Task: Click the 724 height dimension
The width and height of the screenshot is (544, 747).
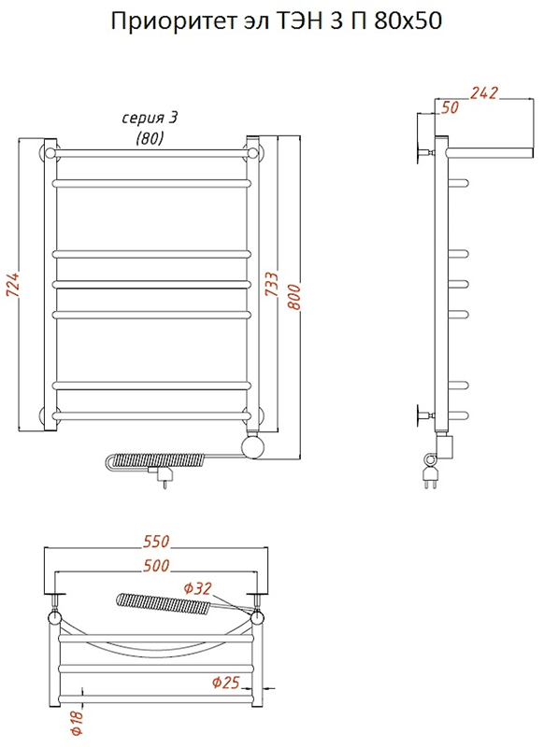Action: coord(14,285)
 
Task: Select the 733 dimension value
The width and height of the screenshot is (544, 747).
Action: coord(272,284)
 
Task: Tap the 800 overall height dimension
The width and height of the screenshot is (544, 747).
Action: coord(294,297)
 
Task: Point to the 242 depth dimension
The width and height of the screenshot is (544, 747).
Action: coord(484,92)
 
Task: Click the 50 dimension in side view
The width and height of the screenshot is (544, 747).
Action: coord(450,107)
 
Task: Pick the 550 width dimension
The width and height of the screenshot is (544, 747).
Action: coord(156,542)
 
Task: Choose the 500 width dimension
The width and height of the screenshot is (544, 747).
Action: coord(156,565)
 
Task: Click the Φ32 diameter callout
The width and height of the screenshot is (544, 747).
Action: coord(197,589)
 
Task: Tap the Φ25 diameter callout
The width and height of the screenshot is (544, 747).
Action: coord(225,683)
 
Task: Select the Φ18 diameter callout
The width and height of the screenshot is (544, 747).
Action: coord(78,723)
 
